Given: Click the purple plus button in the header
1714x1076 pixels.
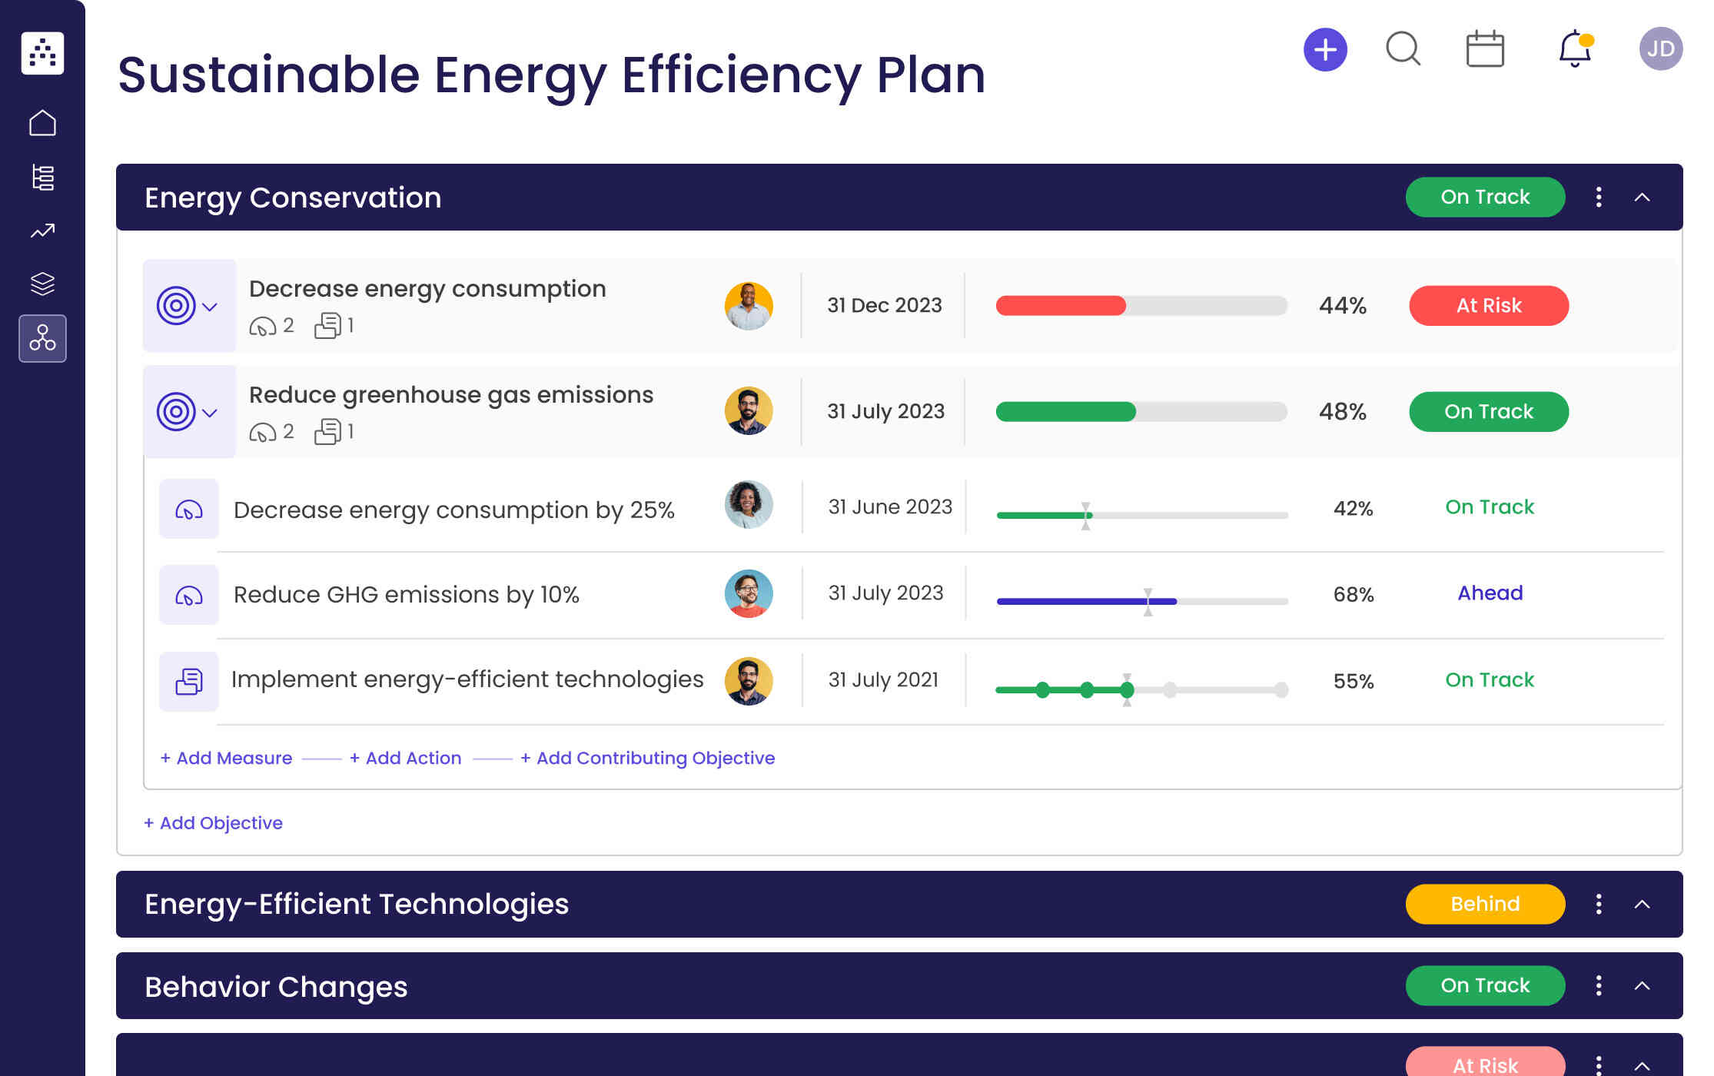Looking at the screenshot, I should [x=1325, y=50].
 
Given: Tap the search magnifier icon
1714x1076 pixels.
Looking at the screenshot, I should [x=1403, y=49].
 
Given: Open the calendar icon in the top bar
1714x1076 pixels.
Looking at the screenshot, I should [x=1484, y=49].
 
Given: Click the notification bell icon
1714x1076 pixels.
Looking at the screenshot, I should [x=1574, y=49].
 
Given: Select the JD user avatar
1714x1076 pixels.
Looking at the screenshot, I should [x=1660, y=49].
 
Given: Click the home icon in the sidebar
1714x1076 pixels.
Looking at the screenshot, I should [x=42, y=123].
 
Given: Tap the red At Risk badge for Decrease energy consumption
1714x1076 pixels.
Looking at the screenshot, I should [x=1488, y=306].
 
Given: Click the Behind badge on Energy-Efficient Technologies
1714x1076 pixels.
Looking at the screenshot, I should [x=1484, y=904].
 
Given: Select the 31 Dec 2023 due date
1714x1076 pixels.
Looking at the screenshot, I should [x=884, y=306].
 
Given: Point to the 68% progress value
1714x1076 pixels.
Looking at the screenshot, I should [x=1353, y=594].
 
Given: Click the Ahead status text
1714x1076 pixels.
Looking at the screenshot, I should [x=1490, y=593].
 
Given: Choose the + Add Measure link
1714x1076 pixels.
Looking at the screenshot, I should [x=226, y=758].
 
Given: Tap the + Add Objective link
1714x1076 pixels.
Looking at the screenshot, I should [x=213, y=823].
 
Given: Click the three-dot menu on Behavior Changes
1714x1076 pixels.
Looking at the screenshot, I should [x=1599, y=985].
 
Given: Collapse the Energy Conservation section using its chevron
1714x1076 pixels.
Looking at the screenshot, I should [x=1642, y=198].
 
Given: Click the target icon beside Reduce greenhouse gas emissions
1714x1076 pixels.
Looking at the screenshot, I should [x=176, y=412].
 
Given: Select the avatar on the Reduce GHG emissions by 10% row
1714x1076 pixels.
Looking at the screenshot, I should [x=748, y=593].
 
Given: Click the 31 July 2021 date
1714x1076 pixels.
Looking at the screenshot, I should [x=883, y=680].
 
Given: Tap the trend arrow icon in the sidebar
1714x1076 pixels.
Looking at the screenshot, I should [x=42, y=231].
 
